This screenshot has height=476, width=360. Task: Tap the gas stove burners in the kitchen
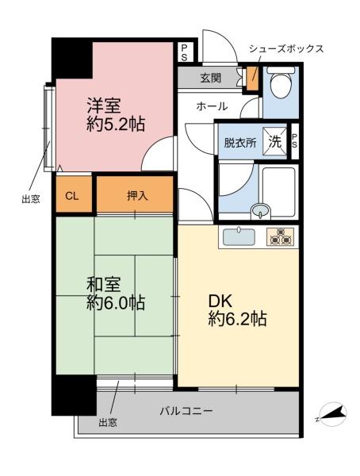click(281, 236)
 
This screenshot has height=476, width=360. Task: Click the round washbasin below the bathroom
click(259, 211)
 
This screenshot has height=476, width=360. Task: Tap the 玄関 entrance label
click(210, 78)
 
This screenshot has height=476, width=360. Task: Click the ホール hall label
click(212, 106)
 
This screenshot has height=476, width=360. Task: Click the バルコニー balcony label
click(186, 411)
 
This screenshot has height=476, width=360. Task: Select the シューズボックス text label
click(286, 48)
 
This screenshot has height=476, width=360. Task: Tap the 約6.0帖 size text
click(116, 303)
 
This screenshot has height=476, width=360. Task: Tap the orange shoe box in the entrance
click(252, 78)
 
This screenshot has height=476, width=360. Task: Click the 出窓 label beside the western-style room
click(30, 199)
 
